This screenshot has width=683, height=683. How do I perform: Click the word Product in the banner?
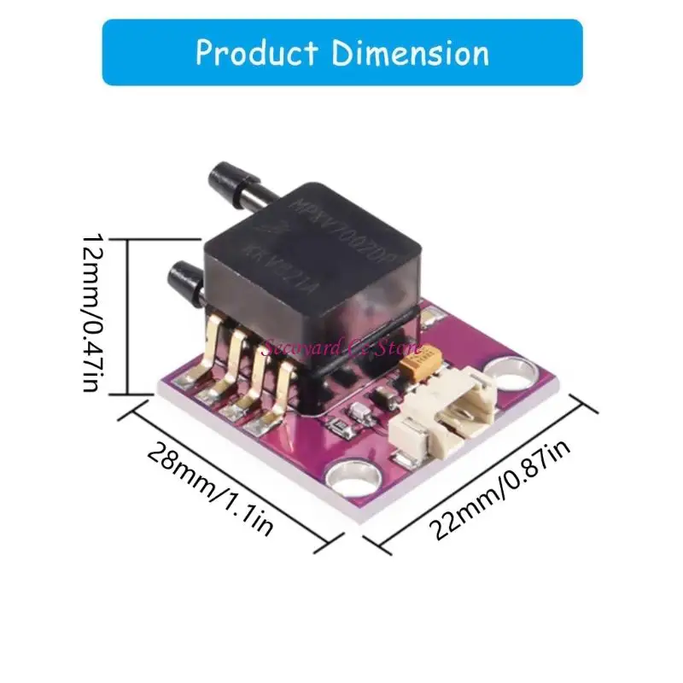pos(257,52)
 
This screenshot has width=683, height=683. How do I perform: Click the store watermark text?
pos(341,347)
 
